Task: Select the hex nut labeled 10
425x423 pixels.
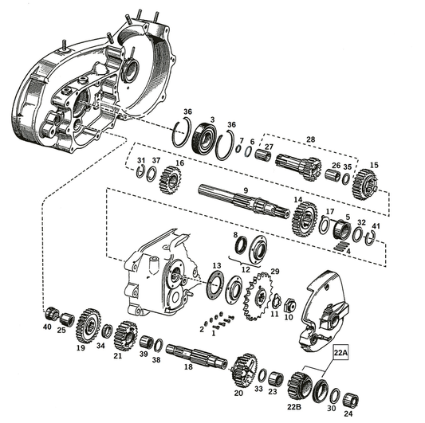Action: click(x=289, y=304)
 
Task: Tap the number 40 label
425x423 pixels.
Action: click(x=46, y=327)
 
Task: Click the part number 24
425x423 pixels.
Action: click(x=346, y=414)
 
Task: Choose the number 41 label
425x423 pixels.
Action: click(x=376, y=227)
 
